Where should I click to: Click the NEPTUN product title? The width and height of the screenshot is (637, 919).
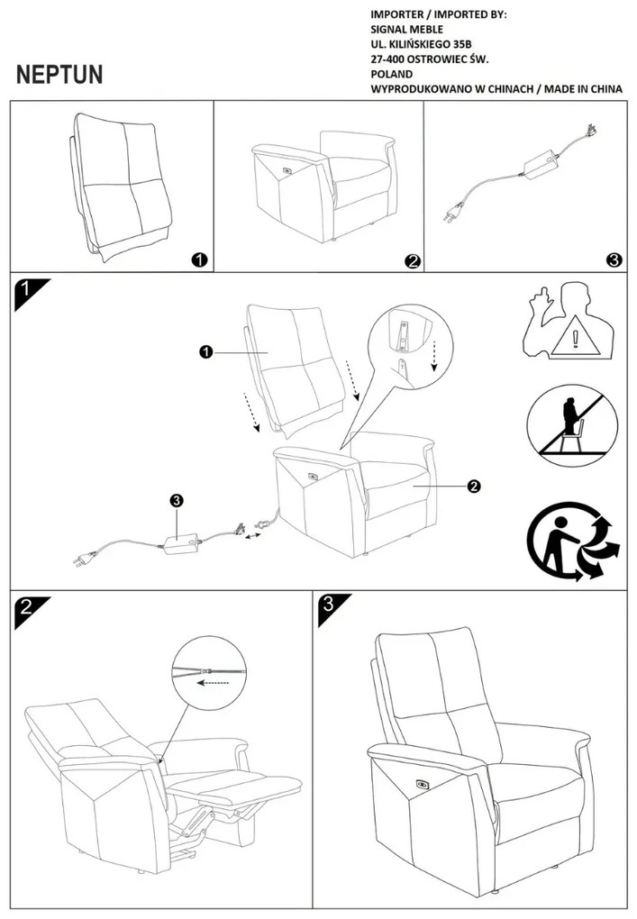point(59,75)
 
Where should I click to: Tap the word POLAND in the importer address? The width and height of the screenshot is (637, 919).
point(392,74)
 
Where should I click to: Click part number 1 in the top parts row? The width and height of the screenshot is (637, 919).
point(199,259)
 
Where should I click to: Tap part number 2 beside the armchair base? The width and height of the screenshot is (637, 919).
point(412,260)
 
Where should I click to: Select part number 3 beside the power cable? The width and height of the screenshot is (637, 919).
point(614,259)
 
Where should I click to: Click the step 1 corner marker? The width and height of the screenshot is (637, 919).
point(26,292)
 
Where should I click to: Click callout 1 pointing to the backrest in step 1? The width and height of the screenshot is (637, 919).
point(205,352)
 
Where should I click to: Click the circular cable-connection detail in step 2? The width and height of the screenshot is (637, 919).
point(208,671)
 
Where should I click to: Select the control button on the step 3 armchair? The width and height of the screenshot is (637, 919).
point(422,783)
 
